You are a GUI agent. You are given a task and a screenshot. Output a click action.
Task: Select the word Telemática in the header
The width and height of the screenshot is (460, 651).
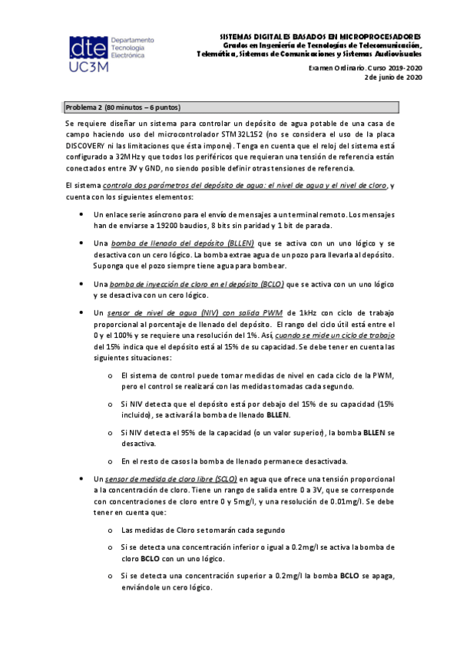[217, 55]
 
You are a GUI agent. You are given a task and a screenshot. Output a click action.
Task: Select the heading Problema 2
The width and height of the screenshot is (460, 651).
[81, 107]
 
